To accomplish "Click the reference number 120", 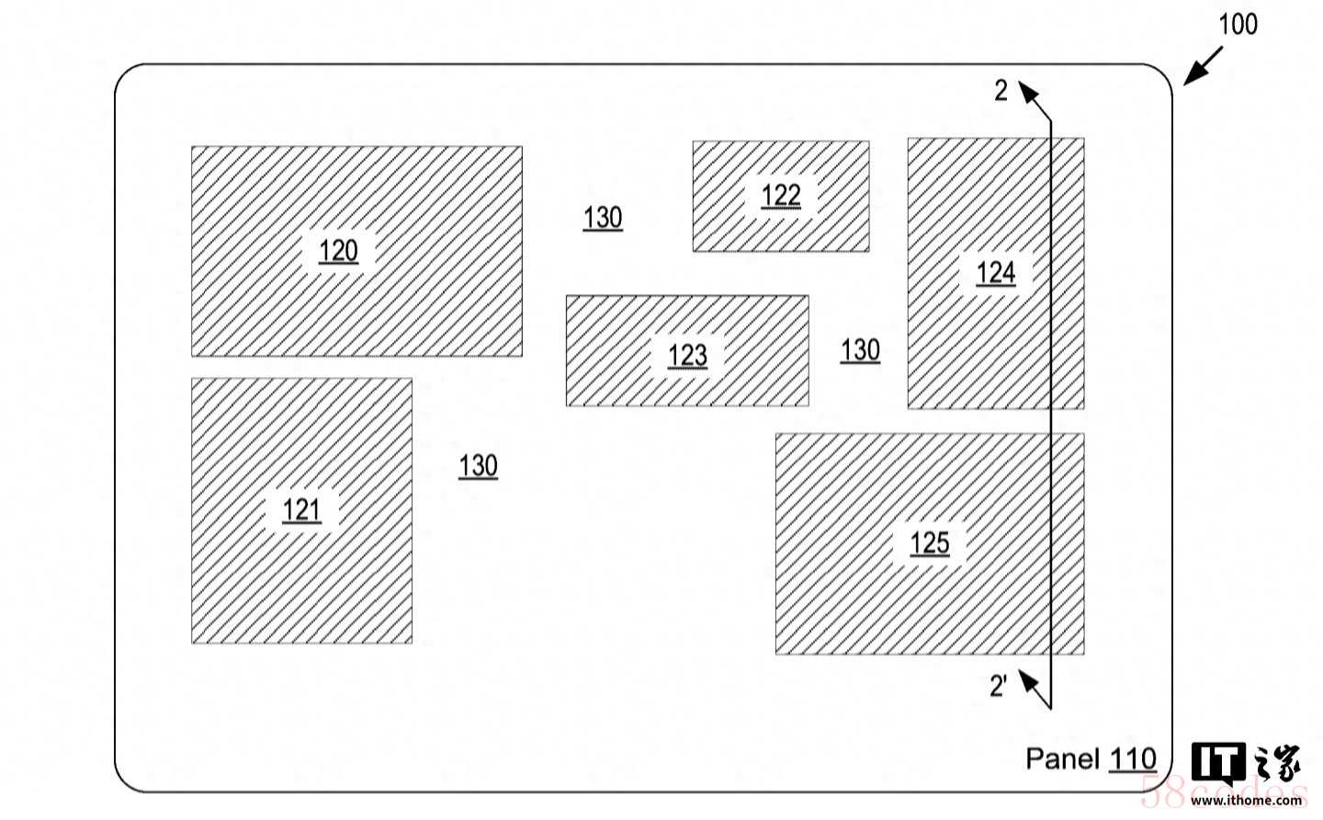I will coord(338,251).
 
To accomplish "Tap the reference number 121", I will coord(301,510).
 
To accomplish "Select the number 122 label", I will coord(781,196).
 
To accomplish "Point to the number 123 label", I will coord(687,355).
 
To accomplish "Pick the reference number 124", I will coord(995,273).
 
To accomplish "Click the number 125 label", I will coord(929,543).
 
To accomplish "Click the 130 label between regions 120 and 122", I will coord(603,218).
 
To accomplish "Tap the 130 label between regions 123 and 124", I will coord(860,350).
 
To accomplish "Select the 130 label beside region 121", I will coord(478,466).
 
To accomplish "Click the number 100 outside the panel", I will coord(1238,24).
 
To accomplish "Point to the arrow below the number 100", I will coord(1203,66).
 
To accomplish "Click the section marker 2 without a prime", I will coord(1001,90).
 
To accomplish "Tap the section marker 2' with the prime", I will coord(999,685).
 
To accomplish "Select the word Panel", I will coord(1062,758).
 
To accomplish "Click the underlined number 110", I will coord(1132,759).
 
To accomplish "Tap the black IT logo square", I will coord(1217,762).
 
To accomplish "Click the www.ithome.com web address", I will coord(1246,801).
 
